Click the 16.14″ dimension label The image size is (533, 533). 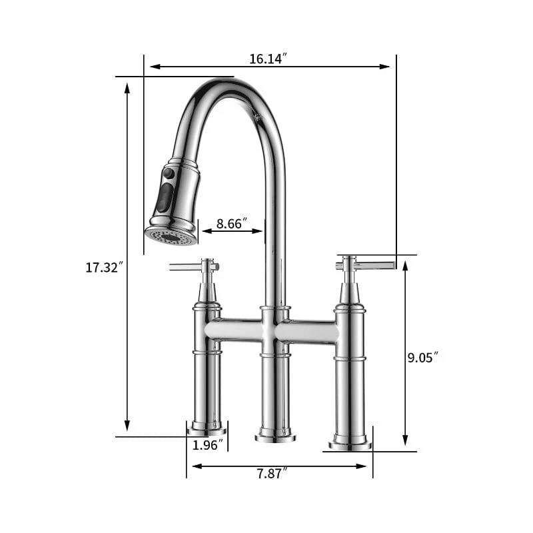(x=268, y=59)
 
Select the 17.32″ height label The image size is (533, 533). (x=105, y=268)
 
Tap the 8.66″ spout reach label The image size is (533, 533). (x=233, y=223)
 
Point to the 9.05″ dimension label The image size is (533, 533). (x=422, y=357)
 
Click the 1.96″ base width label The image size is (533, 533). (x=207, y=445)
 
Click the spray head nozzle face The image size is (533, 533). (x=171, y=236)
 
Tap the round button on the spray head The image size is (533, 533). (x=169, y=173)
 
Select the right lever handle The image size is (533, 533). (x=373, y=265)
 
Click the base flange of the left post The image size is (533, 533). (x=207, y=430)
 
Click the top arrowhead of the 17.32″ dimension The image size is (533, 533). (x=127, y=87)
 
